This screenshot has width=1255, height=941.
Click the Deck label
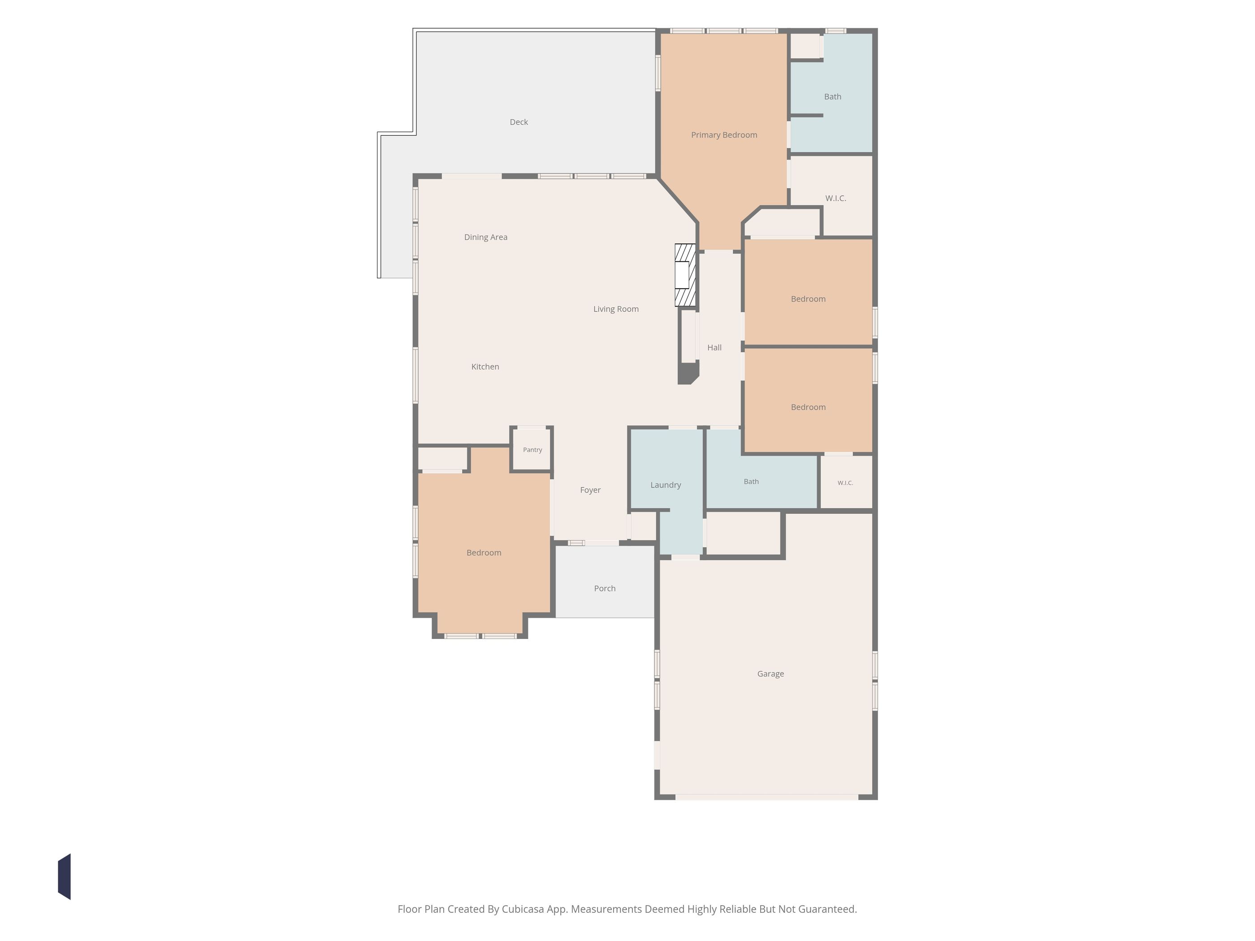[519, 122]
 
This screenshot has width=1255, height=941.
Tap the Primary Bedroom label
[724, 135]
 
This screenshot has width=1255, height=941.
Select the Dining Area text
[486, 237]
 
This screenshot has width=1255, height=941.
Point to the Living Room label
[615, 309]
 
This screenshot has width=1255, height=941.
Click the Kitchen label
[485, 367]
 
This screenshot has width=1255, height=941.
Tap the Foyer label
[590, 490]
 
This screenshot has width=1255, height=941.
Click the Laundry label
[666, 485]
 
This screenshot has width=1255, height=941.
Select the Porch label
[605, 589]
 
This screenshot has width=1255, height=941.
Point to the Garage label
[770, 674]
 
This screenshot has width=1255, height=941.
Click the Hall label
[714, 348]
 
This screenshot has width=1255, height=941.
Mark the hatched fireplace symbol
[685, 275]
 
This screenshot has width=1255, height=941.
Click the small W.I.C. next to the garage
[845, 483]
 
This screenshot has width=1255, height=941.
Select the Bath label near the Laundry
[751, 482]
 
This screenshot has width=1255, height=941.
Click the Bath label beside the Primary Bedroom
[832, 97]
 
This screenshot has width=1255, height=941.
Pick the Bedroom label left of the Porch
[484, 553]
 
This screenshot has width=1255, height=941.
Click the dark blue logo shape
[64, 876]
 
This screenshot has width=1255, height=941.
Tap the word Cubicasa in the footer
[523, 909]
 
